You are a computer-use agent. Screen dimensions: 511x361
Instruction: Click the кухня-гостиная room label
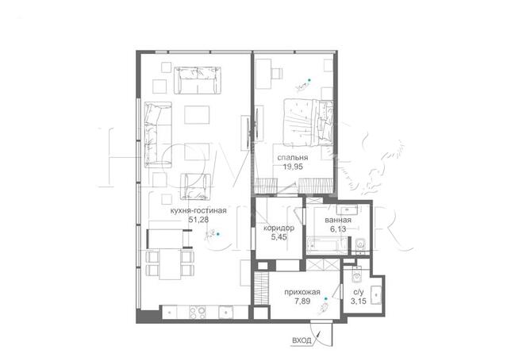pyautogui.click(x=198, y=211)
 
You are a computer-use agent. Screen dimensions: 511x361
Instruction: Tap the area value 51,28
pyautogui.click(x=198, y=220)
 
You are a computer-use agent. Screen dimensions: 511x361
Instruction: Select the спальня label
pyautogui.click(x=293, y=158)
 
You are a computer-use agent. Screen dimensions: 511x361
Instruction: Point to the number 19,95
pyautogui.click(x=293, y=167)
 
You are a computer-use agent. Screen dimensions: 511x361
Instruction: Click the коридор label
pyautogui.click(x=279, y=228)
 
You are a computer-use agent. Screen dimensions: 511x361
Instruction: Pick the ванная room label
pyautogui.click(x=338, y=220)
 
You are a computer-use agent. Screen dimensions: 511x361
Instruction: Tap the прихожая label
pyautogui.click(x=302, y=292)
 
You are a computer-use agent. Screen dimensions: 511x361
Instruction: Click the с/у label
pyautogui.click(x=359, y=293)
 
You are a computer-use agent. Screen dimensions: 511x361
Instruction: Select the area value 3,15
pyautogui.click(x=359, y=301)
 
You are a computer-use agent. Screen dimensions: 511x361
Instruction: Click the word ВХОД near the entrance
pyautogui.click(x=302, y=341)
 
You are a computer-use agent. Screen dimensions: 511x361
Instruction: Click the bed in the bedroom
pyautogui.click(x=309, y=122)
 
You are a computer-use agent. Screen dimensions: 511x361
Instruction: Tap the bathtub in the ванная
pyautogui.click(x=328, y=245)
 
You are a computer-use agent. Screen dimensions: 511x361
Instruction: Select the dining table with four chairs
pyautogui.click(x=170, y=264)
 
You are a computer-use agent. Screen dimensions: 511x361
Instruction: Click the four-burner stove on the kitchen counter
pyautogui.click(x=198, y=313)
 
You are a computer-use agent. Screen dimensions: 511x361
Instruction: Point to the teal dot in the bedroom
pyautogui.click(x=309, y=80)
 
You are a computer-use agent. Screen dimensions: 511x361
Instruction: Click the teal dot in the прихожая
pyautogui.click(x=325, y=299)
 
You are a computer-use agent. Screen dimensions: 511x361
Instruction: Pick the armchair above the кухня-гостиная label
pyautogui.click(x=195, y=186)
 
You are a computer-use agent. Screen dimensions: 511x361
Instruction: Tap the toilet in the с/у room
pyautogui.click(x=358, y=276)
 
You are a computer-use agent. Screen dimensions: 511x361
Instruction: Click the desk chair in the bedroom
pyautogui.click(x=278, y=73)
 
